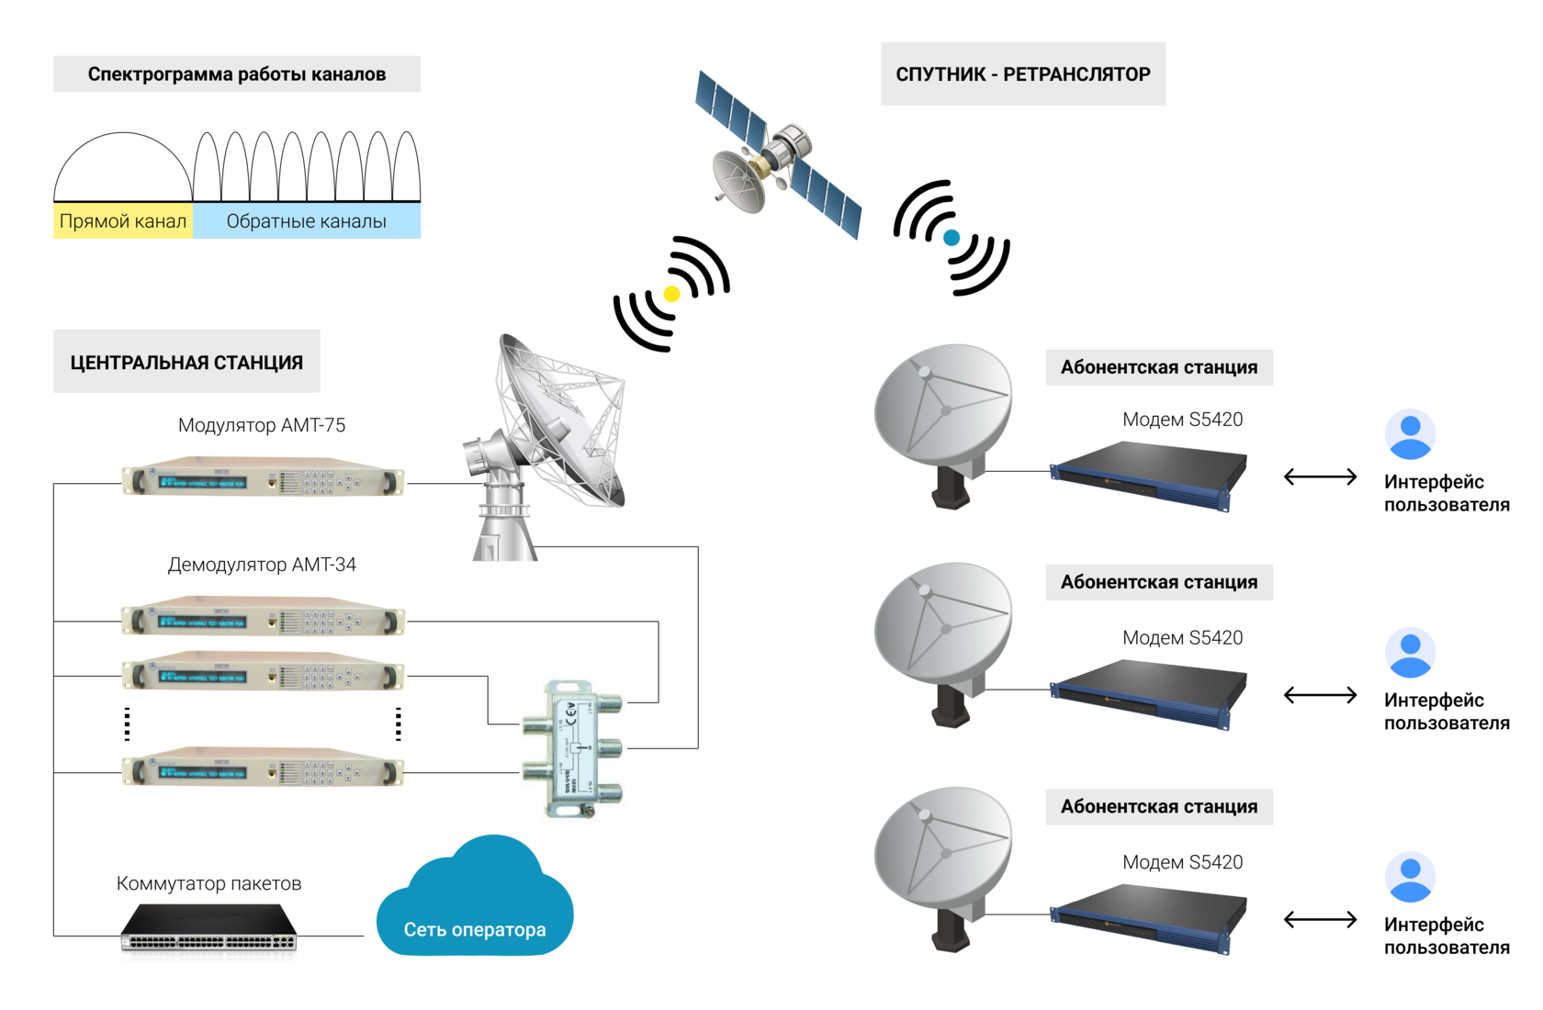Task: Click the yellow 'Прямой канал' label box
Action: [x=123, y=221]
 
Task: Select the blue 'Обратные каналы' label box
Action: [x=306, y=221]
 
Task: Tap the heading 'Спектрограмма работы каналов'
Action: [x=237, y=74]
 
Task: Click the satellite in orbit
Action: [x=777, y=155]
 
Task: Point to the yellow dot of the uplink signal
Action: [x=671, y=294]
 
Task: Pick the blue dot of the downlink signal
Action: [x=952, y=238]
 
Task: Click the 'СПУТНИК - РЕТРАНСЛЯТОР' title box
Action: [x=1022, y=74]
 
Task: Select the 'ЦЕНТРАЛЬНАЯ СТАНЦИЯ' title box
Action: [x=186, y=362]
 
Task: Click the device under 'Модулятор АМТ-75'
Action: [x=263, y=478]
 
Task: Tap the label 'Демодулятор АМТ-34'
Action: [x=262, y=565]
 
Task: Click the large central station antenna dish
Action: [x=551, y=432]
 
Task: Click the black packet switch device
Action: [x=209, y=929]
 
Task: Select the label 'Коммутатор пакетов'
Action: [x=208, y=883]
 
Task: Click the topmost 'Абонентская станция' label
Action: [x=1159, y=367]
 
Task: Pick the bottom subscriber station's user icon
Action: [x=1410, y=878]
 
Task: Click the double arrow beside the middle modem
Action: [x=1320, y=695]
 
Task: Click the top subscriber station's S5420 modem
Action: [x=1148, y=474]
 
